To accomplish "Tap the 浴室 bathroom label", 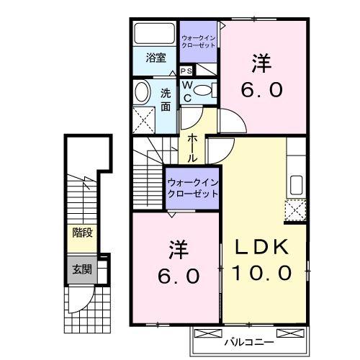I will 156,58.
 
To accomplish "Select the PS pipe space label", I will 186,71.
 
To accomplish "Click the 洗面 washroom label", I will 166,98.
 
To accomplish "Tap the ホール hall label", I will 192,147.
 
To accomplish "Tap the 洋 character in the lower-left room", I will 178,251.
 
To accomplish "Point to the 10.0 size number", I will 262,272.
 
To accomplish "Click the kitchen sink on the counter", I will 296,184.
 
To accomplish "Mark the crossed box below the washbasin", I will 145,117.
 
